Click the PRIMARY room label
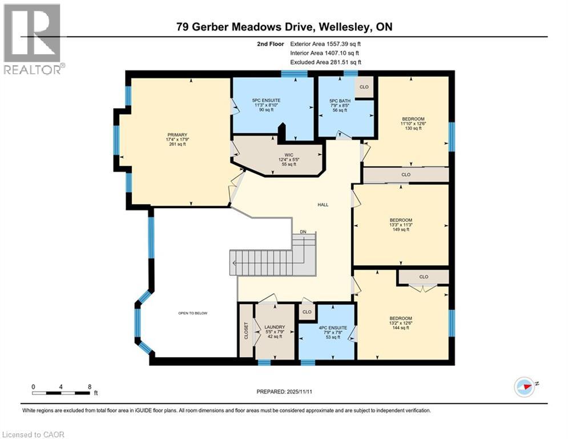pos(178,135)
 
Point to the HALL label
pos(323,205)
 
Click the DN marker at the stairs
pos(304,232)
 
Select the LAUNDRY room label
pos(275,327)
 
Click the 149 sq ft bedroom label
pos(401,220)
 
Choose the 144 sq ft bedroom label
pos(401,318)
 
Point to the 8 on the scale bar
pos(90,386)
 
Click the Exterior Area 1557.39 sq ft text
pos(325,43)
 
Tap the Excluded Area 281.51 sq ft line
pos(325,62)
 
